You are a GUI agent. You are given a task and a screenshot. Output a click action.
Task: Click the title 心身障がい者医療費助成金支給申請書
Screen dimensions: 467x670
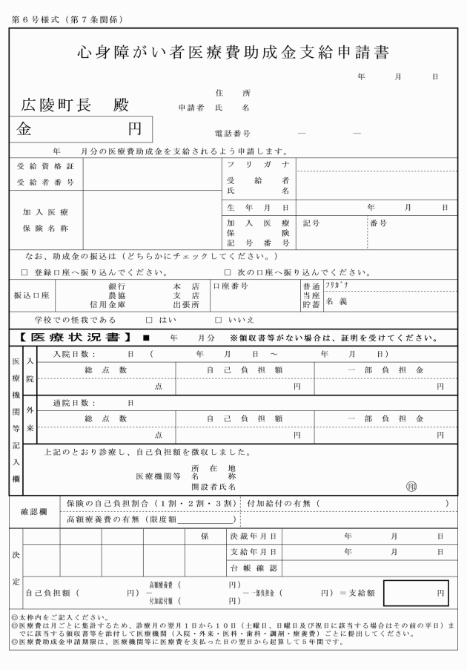(x=234, y=53)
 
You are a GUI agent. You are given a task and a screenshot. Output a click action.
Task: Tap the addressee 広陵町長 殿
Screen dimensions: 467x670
(x=75, y=104)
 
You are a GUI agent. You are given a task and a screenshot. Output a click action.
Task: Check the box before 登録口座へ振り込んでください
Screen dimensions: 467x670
(x=24, y=272)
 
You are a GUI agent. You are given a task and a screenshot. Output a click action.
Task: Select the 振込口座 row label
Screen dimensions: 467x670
(x=31, y=295)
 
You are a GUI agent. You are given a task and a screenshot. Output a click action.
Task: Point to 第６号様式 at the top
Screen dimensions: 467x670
(x=34, y=19)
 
